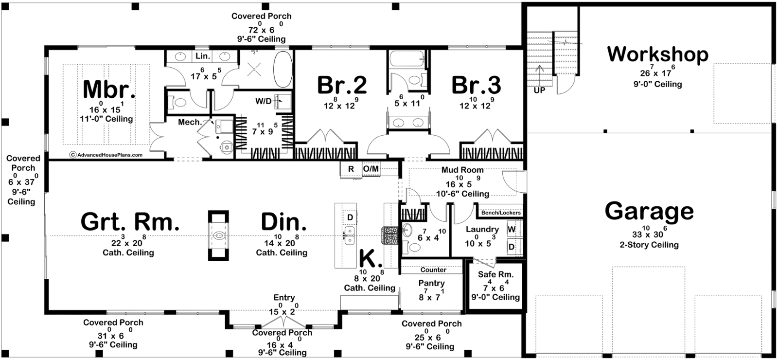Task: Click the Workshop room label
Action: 657,54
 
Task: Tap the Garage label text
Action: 649,211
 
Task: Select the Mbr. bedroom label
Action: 109,90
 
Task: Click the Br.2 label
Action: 342,85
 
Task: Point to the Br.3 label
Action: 476,85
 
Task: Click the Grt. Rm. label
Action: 130,222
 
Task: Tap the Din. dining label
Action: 283,222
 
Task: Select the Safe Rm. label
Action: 495,274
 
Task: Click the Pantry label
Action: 431,283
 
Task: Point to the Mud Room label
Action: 462,170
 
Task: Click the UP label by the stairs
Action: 539,90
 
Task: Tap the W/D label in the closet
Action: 263,101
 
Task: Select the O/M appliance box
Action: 371,169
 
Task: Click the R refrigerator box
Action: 351,169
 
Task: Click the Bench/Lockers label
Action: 501,213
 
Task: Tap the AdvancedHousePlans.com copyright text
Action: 106,155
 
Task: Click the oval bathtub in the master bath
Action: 283,70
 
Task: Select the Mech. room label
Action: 190,122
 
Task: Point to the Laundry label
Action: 482,230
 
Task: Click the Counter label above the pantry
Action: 433,270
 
